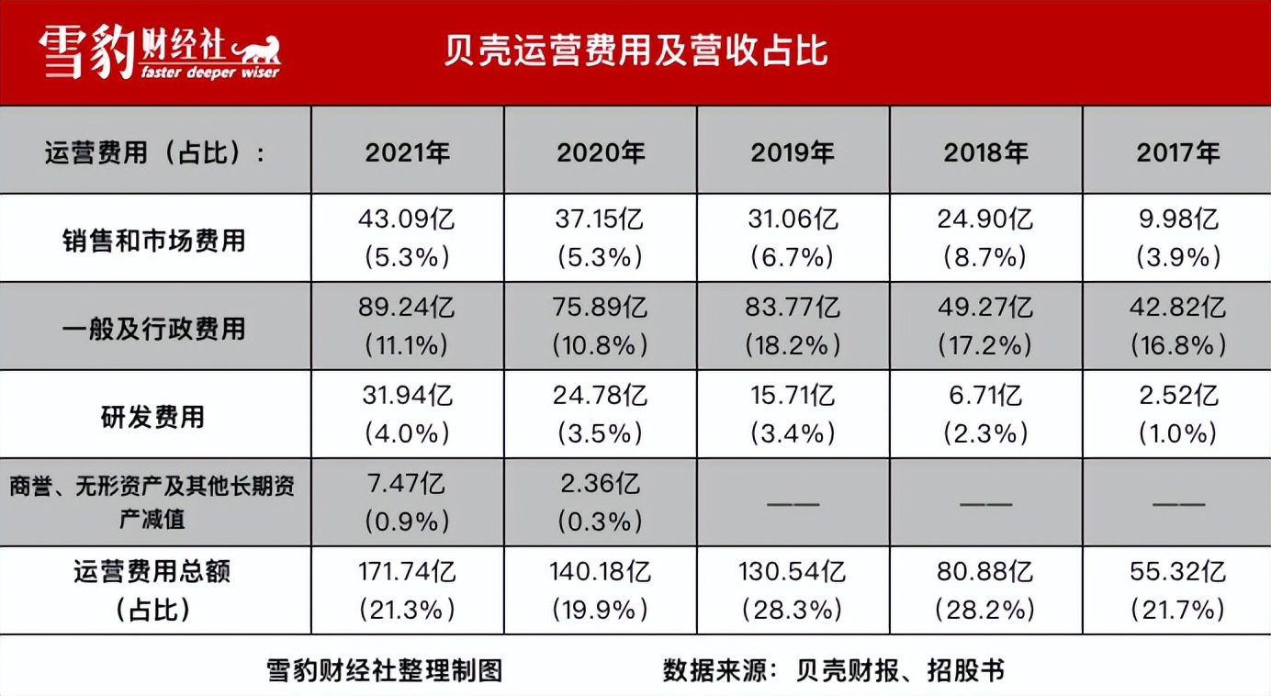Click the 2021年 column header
click(x=408, y=152)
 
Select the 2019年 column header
click(x=793, y=152)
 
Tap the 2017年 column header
click(x=1178, y=152)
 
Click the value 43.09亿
click(x=407, y=220)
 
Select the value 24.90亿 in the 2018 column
click(x=985, y=220)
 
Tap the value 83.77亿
click(x=793, y=308)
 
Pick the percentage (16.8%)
click(x=1178, y=345)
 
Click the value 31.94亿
click(x=407, y=396)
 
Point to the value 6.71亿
click(x=985, y=396)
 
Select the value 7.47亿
click(x=407, y=484)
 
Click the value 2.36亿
click(x=600, y=484)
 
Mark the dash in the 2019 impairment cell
click(x=793, y=503)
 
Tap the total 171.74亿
click(x=407, y=572)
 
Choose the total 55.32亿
click(x=1178, y=572)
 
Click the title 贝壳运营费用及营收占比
click(x=635, y=51)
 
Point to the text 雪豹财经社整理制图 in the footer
click(x=385, y=670)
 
